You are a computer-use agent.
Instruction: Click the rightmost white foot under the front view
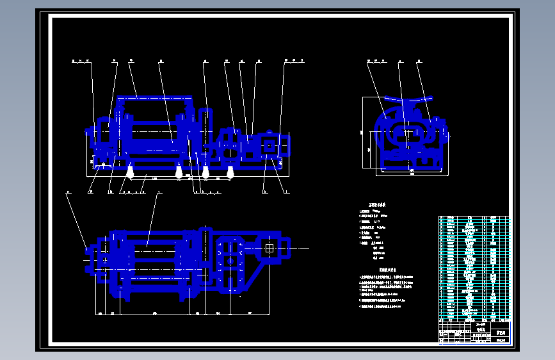(230, 171)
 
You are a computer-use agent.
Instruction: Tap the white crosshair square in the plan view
(269, 247)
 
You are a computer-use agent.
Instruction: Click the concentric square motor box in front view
(269, 146)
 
